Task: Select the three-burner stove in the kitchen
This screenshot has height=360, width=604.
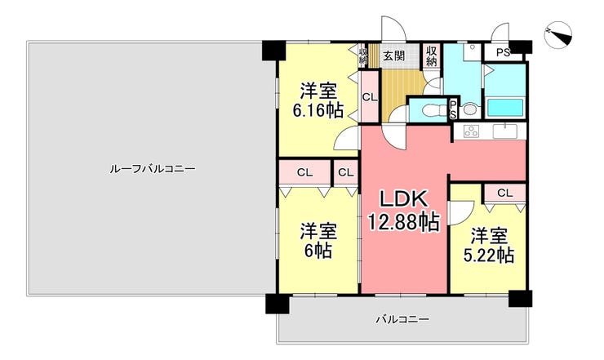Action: click(471, 131)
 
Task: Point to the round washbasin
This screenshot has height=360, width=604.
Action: click(469, 110)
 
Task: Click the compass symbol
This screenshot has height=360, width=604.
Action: click(559, 35)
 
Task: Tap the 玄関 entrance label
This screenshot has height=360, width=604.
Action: click(393, 56)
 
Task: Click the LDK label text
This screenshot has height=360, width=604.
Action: click(404, 199)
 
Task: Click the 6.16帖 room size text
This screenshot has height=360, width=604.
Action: click(318, 111)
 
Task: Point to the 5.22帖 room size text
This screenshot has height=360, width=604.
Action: click(488, 255)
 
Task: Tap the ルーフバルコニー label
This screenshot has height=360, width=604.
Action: click(153, 169)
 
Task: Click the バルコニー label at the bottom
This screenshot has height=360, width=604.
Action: click(402, 319)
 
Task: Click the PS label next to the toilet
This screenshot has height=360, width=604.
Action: click(453, 109)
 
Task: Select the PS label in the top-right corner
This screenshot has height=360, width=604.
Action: click(503, 52)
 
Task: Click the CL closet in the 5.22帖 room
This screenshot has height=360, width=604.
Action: click(505, 193)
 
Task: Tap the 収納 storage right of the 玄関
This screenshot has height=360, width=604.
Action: click(432, 56)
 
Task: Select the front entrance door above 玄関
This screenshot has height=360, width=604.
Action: click(393, 29)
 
